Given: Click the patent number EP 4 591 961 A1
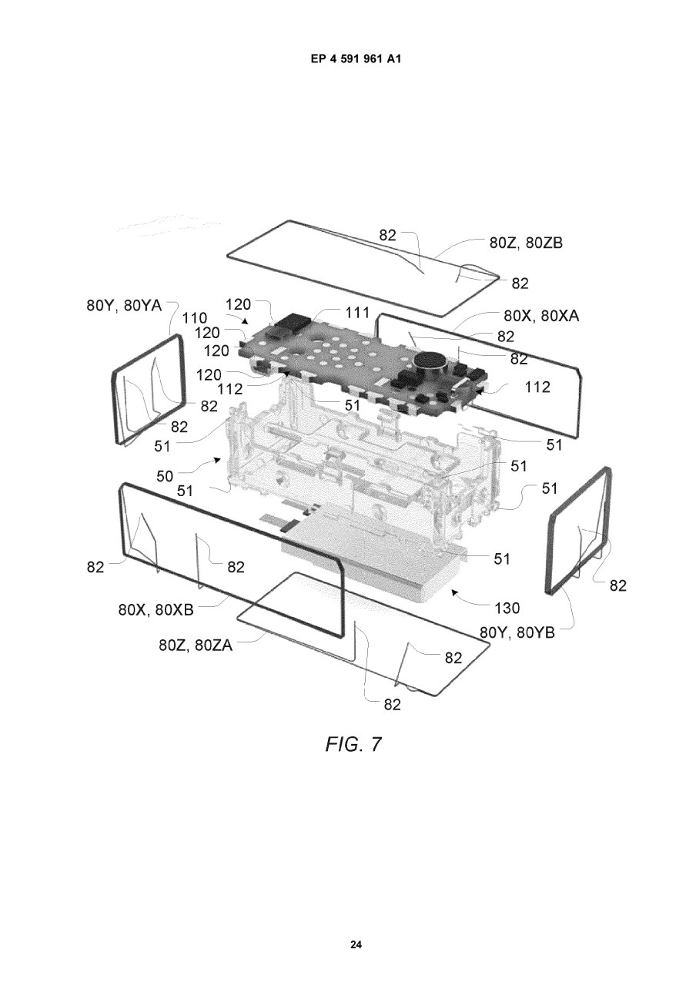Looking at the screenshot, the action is [x=356, y=59].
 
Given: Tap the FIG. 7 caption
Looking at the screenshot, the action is [x=353, y=744].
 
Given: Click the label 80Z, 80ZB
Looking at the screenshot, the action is [x=526, y=243].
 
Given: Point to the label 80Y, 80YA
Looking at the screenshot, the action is [x=124, y=305].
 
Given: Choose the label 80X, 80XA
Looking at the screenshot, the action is [x=541, y=315].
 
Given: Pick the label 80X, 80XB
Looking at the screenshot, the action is [x=156, y=609].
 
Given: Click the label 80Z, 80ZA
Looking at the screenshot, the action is [x=196, y=646].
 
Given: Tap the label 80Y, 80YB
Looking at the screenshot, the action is [x=517, y=632].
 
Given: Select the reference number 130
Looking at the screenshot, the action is [x=507, y=608].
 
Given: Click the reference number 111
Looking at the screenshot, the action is [x=356, y=313].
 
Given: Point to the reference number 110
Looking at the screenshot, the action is [x=195, y=318].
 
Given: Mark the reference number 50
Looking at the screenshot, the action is [x=165, y=476].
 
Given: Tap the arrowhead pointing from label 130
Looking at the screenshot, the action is [x=455, y=594].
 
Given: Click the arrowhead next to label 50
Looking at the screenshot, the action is [x=217, y=461].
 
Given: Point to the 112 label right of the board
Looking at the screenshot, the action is [x=537, y=387].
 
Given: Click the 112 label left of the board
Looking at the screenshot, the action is [x=230, y=389].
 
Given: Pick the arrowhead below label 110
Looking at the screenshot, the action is [x=244, y=322].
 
